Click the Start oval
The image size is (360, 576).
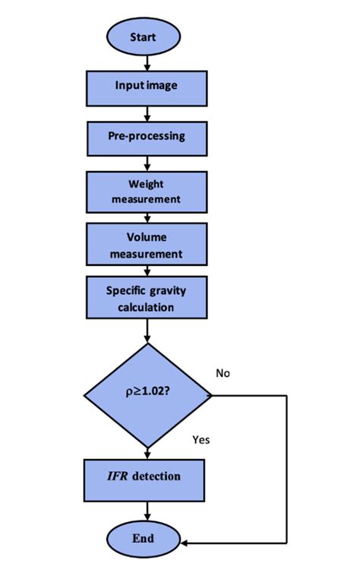pyautogui.click(x=143, y=36)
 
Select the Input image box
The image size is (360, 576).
pyautogui.click(x=146, y=85)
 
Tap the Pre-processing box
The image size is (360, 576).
pyautogui.click(x=146, y=137)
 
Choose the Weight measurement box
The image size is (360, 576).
pyautogui.click(x=146, y=191)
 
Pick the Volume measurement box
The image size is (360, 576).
pyautogui.click(x=146, y=244)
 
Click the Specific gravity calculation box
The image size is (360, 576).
pyautogui.click(x=146, y=298)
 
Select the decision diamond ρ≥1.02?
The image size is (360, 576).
pyautogui.click(x=147, y=395)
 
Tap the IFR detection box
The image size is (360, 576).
pyautogui.click(x=146, y=476)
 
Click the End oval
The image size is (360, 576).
pyautogui.click(x=143, y=538)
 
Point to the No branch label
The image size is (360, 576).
pyautogui.click(x=223, y=373)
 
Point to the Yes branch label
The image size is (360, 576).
pyautogui.click(x=201, y=439)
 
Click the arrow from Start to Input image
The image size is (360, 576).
pyautogui.click(x=144, y=61)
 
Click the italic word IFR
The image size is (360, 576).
pyautogui.click(x=121, y=476)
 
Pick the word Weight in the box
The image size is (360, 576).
pyautogui.click(x=146, y=183)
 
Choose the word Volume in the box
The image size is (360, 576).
pyautogui.click(x=146, y=236)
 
